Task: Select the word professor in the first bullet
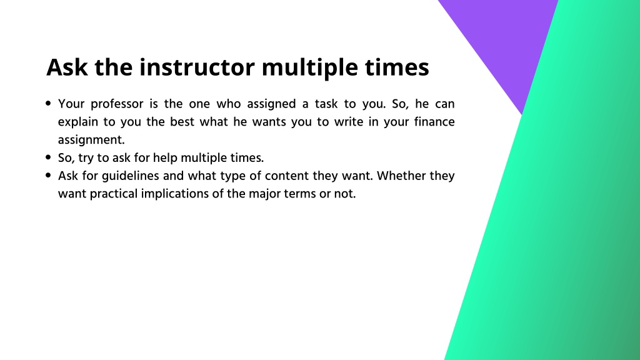pyautogui.click(x=117, y=104)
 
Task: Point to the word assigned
pyautogui.click(x=271, y=104)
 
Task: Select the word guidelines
pyautogui.click(x=130, y=176)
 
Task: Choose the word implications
pyautogui.click(x=176, y=194)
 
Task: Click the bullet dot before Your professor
pyautogui.click(x=49, y=104)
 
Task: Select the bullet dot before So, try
pyautogui.click(x=49, y=157)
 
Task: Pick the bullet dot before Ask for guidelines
pyautogui.click(x=49, y=176)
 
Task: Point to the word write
pyautogui.click(x=349, y=122)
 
